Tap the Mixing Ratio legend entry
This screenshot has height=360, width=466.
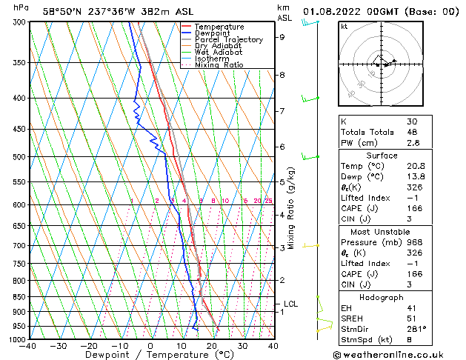click(219, 65)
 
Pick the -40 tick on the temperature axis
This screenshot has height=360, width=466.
click(28, 346)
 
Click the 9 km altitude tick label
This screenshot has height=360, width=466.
click(282, 37)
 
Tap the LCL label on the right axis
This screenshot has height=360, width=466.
click(290, 304)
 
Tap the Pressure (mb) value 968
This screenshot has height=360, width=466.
click(412, 242)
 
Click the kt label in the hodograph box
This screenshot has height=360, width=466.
click(344, 27)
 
